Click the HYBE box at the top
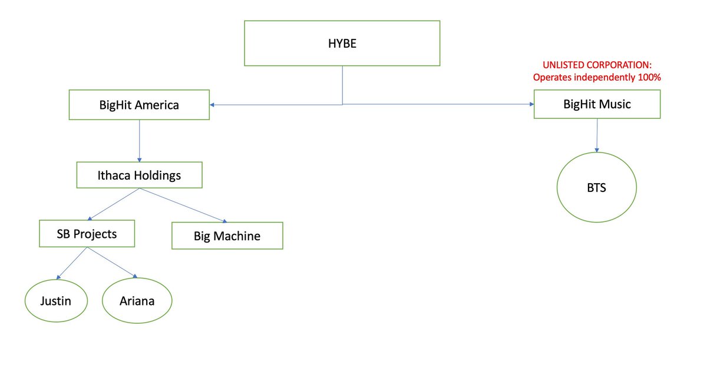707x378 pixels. (x=342, y=43)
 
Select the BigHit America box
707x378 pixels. (x=139, y=105)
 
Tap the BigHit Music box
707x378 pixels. (x=597, y=104)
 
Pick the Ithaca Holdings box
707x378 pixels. (x=139, y=175)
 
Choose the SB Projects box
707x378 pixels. (x=87, y=234)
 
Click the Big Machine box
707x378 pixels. (x=227, y=236)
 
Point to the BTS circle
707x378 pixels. (x=596, y=187)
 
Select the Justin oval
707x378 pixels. (x=56, y=301)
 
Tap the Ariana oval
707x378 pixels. (x=137, y=300)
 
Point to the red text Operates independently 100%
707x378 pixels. (x=597, y=77)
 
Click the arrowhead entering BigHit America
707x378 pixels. (x=212, y=105)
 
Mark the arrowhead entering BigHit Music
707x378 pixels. (x=531, y=104)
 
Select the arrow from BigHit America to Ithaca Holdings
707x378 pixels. (x=139, y=141)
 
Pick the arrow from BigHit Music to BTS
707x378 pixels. (x=597, y=135)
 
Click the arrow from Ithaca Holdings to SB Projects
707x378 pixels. (x=114, y=204)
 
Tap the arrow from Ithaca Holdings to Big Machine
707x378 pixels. (x=183, y=205)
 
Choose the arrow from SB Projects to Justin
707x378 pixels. (x=72, y=263)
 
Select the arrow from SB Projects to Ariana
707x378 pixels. (x=112, y=263)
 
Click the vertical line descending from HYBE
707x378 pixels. (x=342, y=85)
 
